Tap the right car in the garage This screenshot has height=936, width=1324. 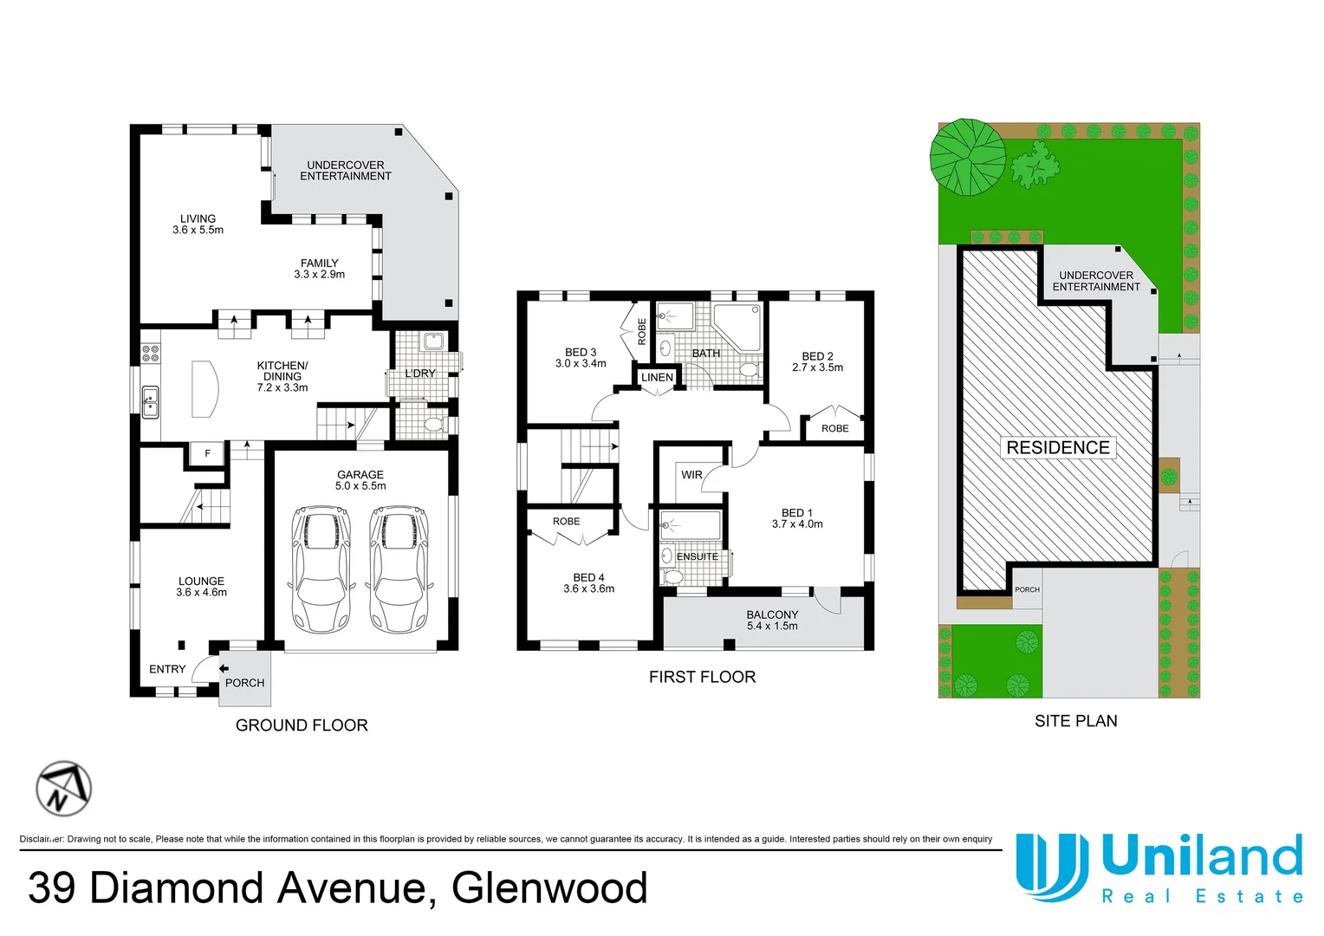coord(399,569)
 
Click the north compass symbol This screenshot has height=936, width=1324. coord(63,789)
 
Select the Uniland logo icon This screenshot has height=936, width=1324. coord(1052,867)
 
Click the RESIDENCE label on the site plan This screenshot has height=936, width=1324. coord(1058,447)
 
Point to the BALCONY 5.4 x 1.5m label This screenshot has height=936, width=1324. coord(772,621)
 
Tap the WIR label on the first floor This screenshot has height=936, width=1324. coord(691,475)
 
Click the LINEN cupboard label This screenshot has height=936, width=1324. coord(657,378)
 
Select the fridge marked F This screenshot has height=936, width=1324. coord(207,453)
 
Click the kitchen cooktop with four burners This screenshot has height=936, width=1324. coord(150,354)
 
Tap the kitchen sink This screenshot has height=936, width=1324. coord(150,402)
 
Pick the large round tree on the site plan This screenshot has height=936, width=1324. coord(968,157)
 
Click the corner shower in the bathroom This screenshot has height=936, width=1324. coord(737,326)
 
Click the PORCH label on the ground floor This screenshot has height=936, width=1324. coord(244,683)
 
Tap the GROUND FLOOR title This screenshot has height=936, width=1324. coord(302,725)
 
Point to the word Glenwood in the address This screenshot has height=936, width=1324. coord(549,888)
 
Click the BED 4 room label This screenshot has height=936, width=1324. coord(588,583)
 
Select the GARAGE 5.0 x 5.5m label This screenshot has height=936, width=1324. coord(360,480)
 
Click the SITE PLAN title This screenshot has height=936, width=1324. coord(1075,721)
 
